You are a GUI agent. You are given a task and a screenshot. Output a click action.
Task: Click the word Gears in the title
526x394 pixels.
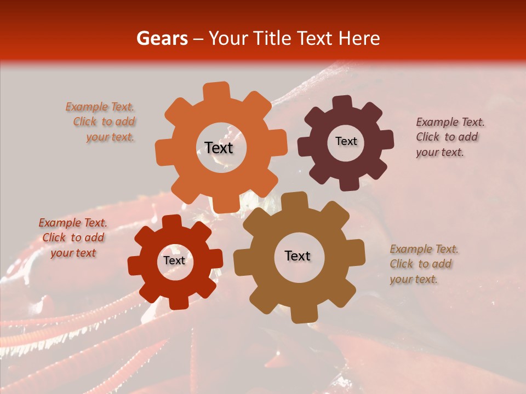(x=161, y=38)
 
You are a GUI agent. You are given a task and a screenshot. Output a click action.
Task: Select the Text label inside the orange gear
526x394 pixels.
(x=219, y=148)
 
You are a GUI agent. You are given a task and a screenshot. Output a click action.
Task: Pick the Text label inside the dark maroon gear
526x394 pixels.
(x=346, y=141)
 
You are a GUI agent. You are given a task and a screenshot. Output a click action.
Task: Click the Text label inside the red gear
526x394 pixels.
(x=174, y=260)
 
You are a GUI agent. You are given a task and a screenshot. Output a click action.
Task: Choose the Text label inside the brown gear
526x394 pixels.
(x=298, y=256)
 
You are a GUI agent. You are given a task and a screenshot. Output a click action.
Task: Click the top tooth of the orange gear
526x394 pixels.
(x=216, y=91)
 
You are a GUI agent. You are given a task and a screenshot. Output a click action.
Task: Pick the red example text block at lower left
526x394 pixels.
(x=73, y=238)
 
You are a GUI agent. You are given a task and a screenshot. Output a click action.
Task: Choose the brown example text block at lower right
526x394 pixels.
(x=423, y=264)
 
